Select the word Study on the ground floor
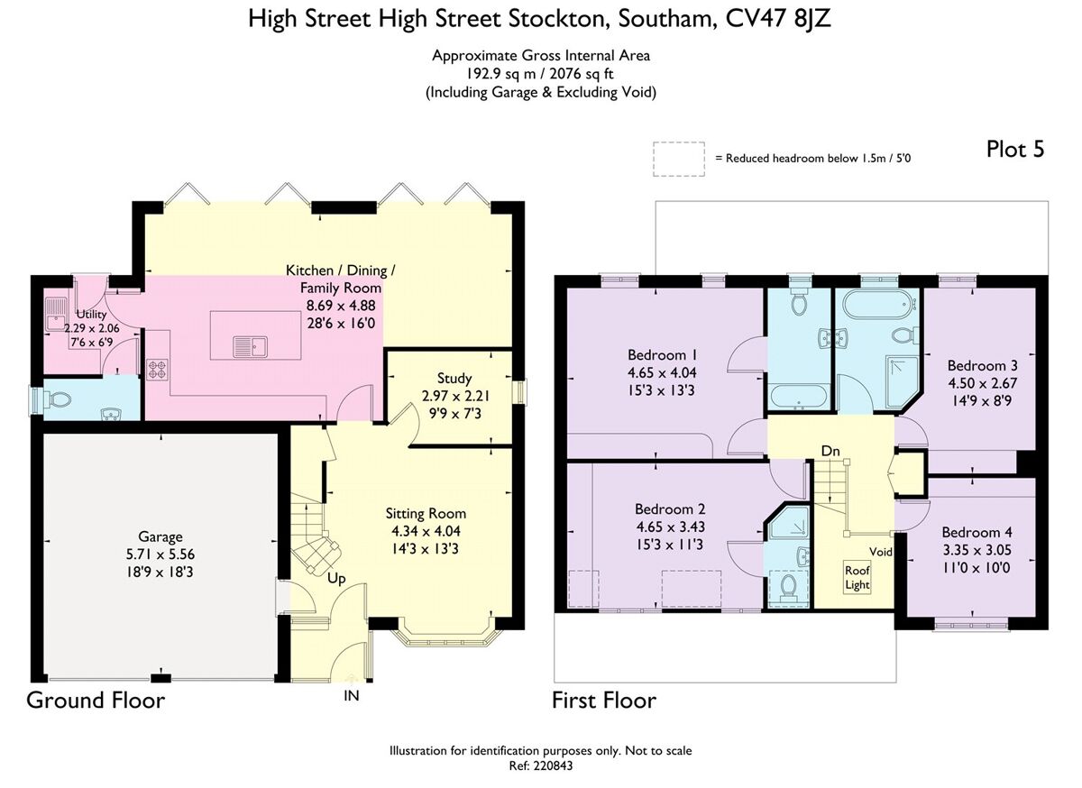(454, 378)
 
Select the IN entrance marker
(351, 696)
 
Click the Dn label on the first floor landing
(831, 449)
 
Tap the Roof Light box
(857, 577)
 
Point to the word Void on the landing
(881, 551)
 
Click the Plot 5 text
(1015, 150)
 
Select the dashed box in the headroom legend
(679, 157)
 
